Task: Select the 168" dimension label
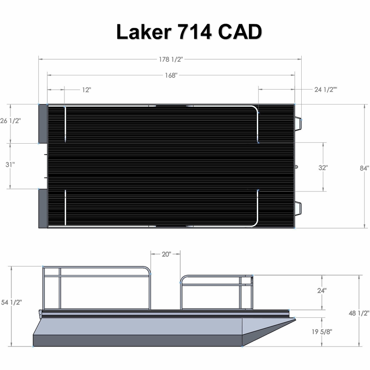tap(171, 75)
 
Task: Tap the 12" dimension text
tap(86, 90)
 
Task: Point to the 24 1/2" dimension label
tap(326, 90)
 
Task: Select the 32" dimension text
tap(323, 167)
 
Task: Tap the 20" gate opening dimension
tap(166, 254)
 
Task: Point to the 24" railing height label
tap(322, 291)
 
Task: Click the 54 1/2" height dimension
tap(12, 302)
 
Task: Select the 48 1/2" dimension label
tap(359, 313)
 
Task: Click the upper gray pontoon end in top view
tap(43, 124)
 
